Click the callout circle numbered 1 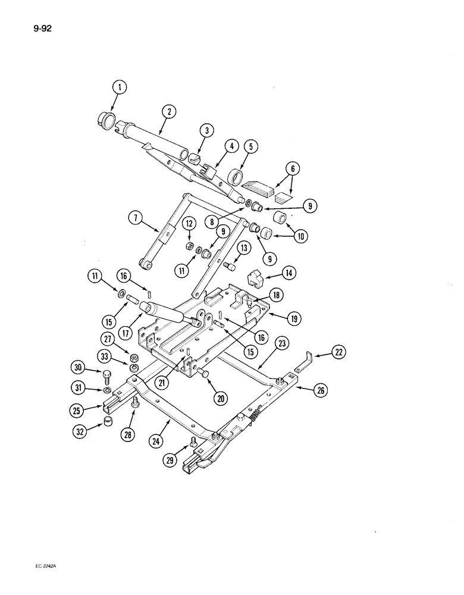(120, 89)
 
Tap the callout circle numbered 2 (169, 111)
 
